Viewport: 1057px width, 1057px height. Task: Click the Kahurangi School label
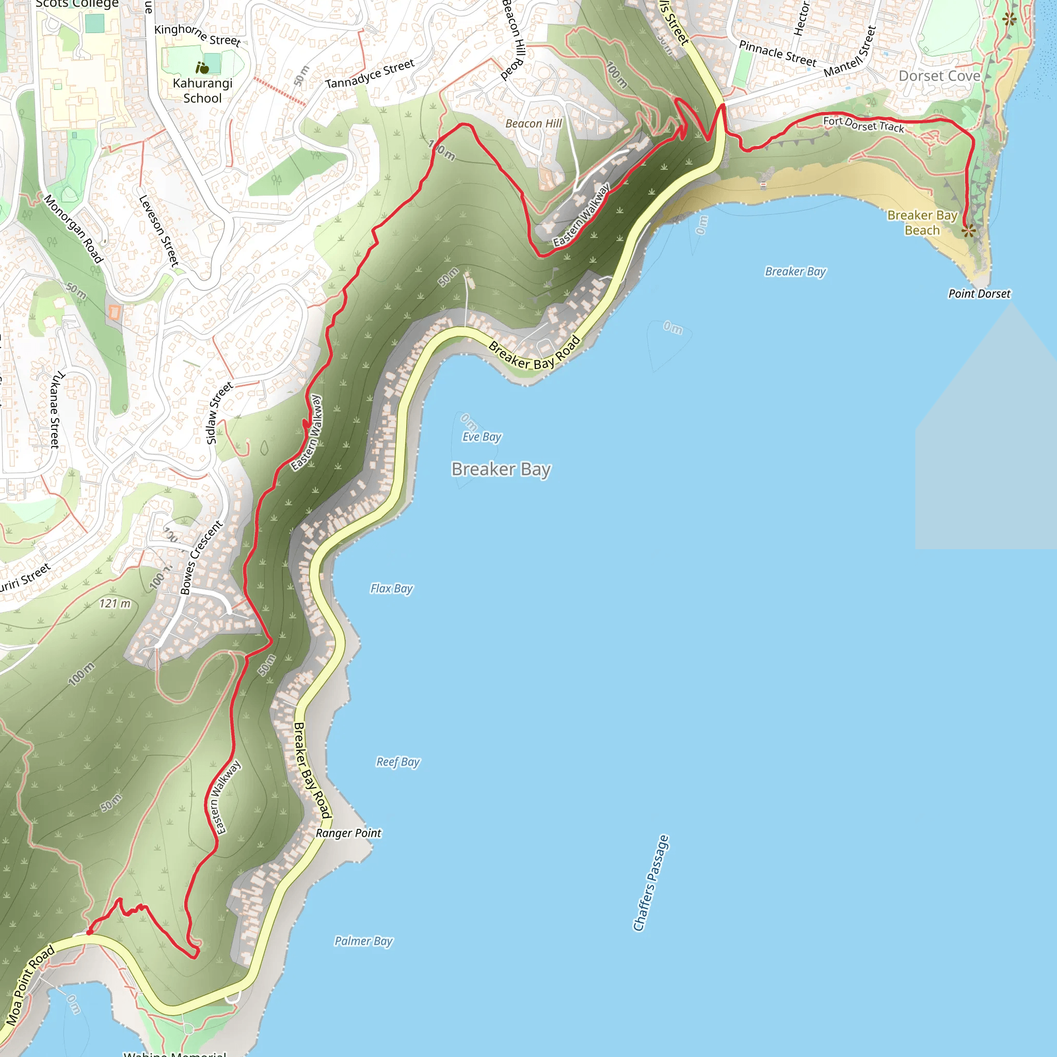tap(202, 91)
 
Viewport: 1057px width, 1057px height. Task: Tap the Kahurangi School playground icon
tap(202, 68)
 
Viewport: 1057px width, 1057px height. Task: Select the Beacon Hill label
tap(534, 124)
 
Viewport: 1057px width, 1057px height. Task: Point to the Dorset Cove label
tap(939, 76)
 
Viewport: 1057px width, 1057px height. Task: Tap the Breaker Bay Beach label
tap(922, 222)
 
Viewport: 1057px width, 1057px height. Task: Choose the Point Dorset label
tap(979, 294)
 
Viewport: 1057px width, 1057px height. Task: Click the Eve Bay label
tap(482, 437)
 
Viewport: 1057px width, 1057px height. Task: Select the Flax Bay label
tap(391, 589)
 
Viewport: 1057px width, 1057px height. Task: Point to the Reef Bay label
tap(398, 762)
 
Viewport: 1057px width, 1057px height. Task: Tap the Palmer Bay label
tap(363, 941)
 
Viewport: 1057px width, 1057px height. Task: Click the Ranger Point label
tap(348, 833)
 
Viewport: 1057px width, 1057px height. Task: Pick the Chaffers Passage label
tap(650, 883)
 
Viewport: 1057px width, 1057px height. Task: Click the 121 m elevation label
tap(115, 603)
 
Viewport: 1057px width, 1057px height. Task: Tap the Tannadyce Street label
tap(370, 74)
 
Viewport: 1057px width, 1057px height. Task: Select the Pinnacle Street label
tap(777, 53)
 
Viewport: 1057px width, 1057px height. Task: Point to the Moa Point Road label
tap(30, 985)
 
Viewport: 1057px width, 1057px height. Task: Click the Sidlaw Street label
tap(219, 413)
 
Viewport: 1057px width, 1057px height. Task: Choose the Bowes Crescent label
tap(201, 557)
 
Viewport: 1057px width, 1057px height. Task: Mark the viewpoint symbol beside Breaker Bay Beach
tap(968, 231)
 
